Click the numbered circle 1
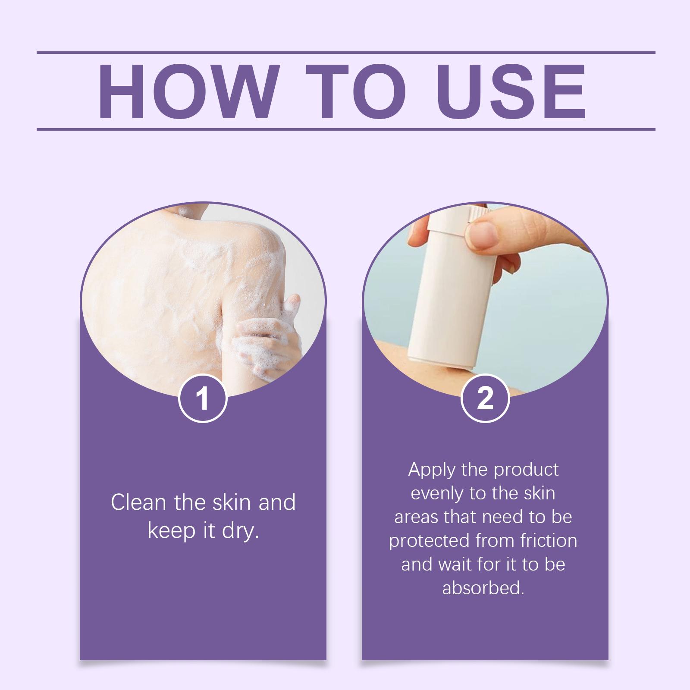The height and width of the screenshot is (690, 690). (203, 398)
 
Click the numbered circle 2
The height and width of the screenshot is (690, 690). (485, 398)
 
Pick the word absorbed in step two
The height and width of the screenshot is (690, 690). (483, 588)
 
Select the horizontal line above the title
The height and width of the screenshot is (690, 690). (346, 53)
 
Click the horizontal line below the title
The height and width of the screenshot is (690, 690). (346, 129)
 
